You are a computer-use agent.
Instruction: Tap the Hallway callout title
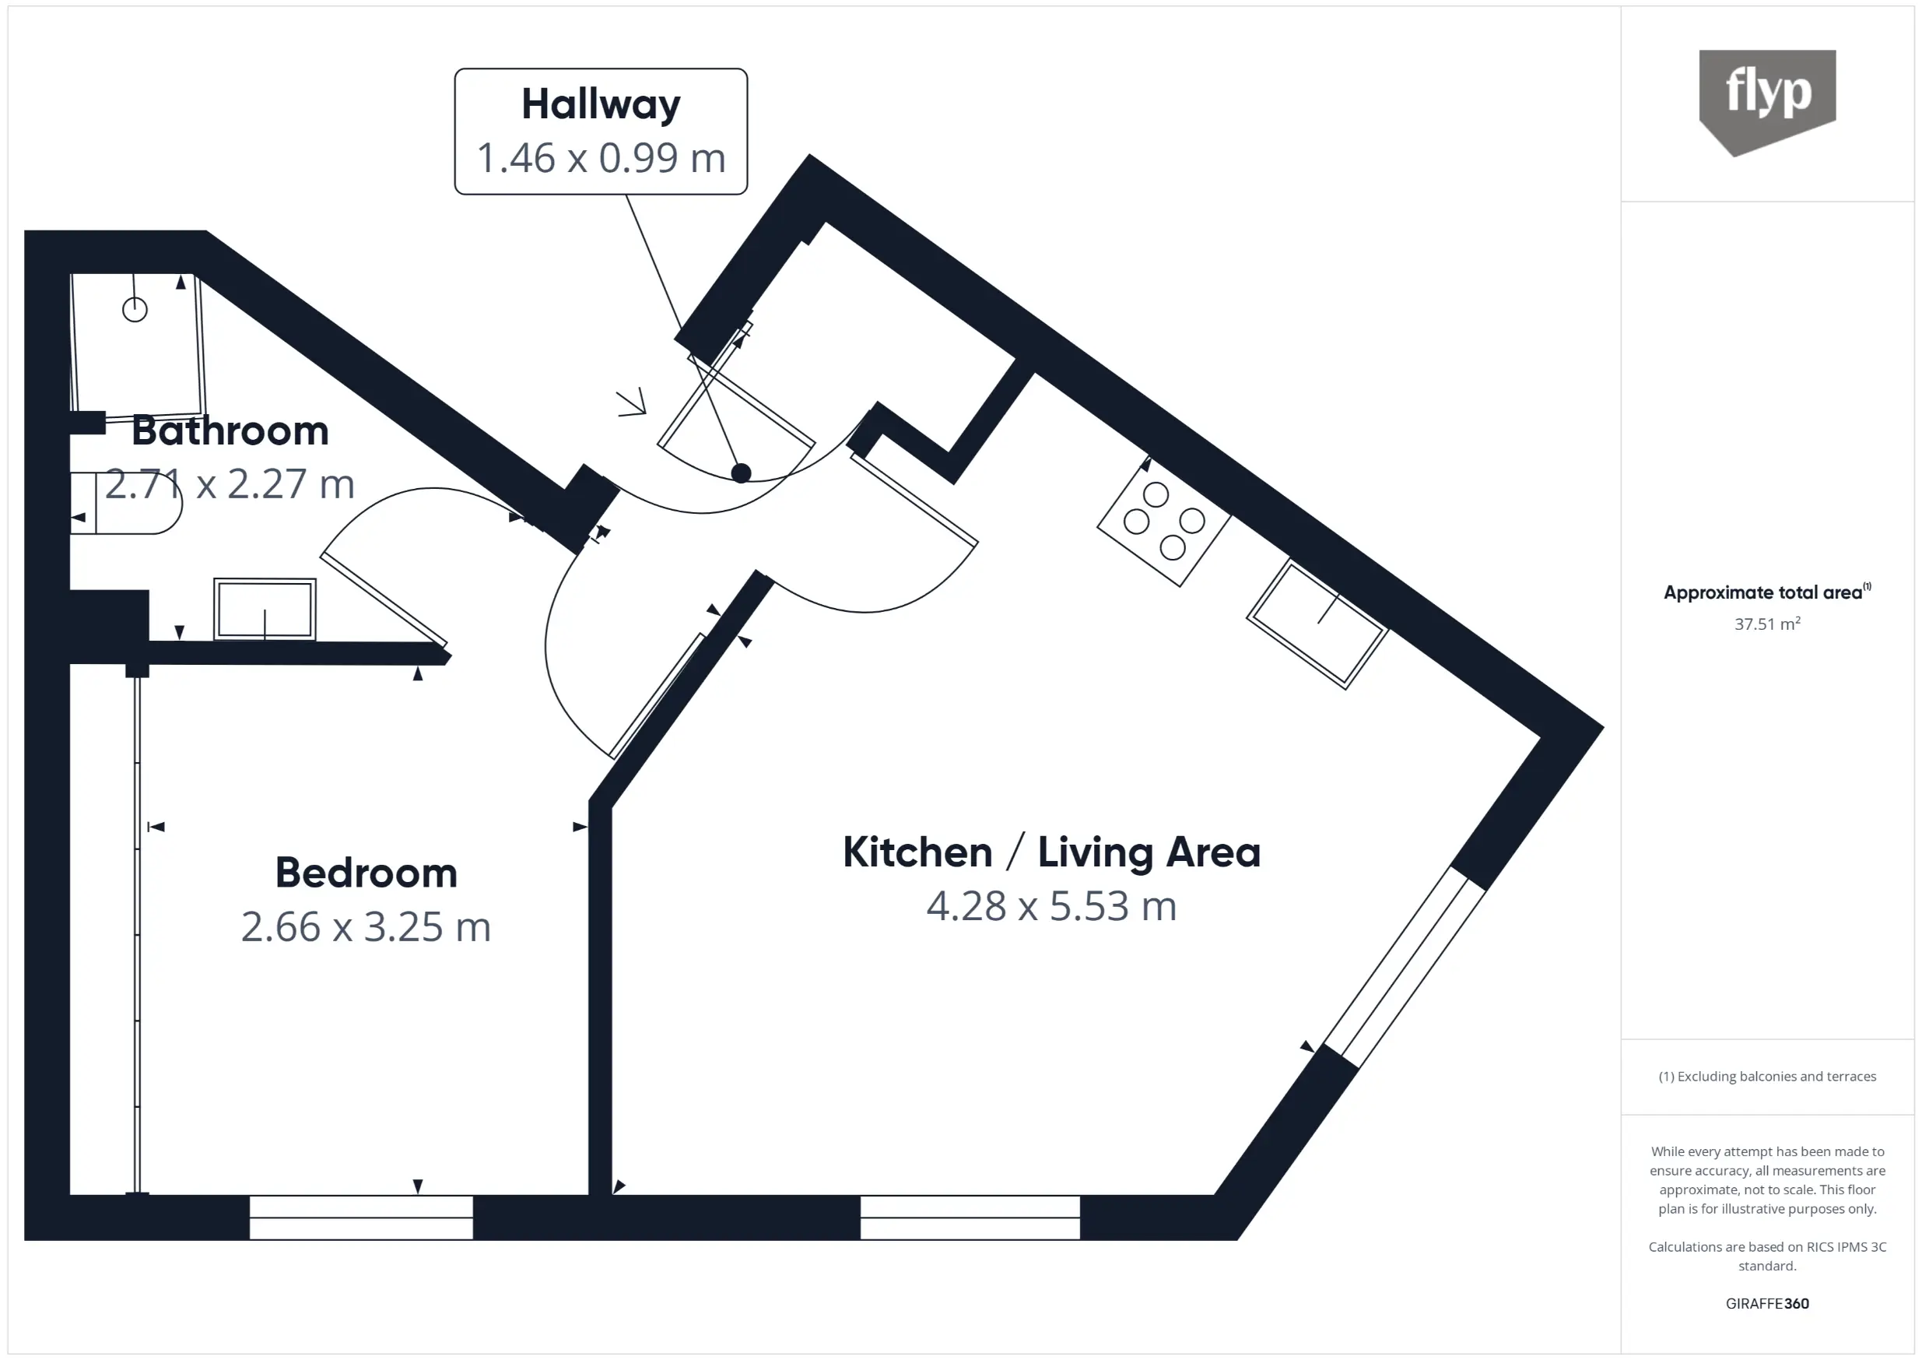[x=601, y=104]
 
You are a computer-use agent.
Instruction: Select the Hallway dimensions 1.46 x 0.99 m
[x=601, y=157]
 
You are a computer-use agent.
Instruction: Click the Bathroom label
[x=230, y=430]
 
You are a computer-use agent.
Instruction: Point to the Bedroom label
[x=366, y=873]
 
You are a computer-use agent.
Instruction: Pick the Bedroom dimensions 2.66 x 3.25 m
[x=366, y=927]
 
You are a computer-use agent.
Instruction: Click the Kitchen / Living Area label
[x=1051, y=852]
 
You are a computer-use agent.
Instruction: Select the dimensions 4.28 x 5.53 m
[x=1051, y=906]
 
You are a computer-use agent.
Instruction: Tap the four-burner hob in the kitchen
[x=1163, y=521]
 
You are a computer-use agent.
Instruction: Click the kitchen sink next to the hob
[x=1317, y=624]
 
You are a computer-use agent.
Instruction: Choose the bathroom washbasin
[x=265, y=610]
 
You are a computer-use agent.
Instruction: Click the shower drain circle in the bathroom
[x=135, y=310]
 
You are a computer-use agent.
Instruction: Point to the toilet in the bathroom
[x=125, y=504]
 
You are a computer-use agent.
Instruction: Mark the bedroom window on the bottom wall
[x=361, y=1218]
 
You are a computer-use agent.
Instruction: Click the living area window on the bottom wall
[x=970, y=1218]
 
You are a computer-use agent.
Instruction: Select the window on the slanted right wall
[x=1405, y=967]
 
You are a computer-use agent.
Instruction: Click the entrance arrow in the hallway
[x=632, y=404]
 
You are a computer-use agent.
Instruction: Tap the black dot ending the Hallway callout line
[x=741, y=473]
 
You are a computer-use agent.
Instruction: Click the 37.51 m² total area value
[x=1767, y=624]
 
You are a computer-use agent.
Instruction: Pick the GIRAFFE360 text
[x=1767, y=1304]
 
